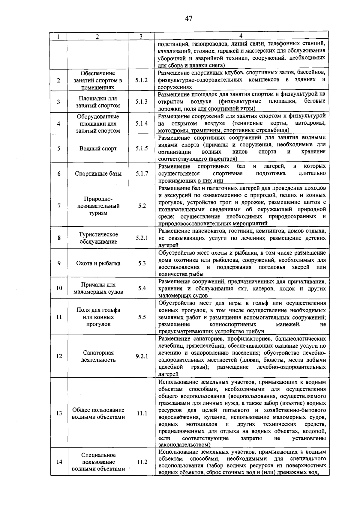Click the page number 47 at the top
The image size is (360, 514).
tap(189, 19)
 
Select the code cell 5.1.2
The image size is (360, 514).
tap(141, 80)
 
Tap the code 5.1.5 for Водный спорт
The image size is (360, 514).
tap(141, 148)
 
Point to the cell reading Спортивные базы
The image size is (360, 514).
tap(98, 174)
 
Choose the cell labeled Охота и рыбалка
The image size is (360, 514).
tap(98, 263)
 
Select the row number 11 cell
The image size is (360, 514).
tap(59, 317)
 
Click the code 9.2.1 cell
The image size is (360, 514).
tap(142, 356)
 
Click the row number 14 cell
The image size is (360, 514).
tap(59, 462)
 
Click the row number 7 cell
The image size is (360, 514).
tap(59, 206)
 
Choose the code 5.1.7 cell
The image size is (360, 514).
tap(141, 174)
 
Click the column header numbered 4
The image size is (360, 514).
tap(241, 35)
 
